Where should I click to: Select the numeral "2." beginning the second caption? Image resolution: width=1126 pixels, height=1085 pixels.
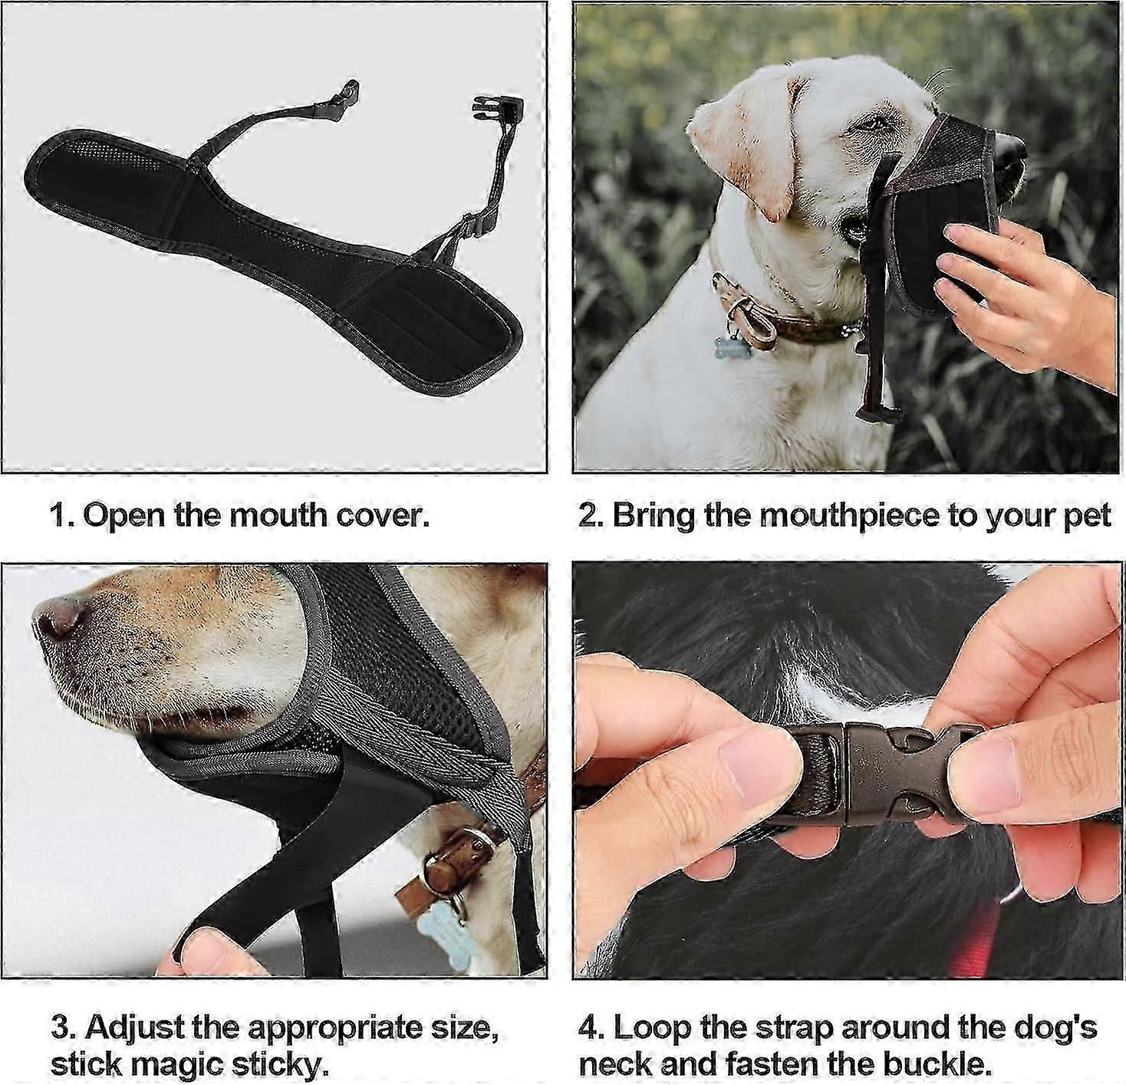pyautogui.click(x=591, y=515)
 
